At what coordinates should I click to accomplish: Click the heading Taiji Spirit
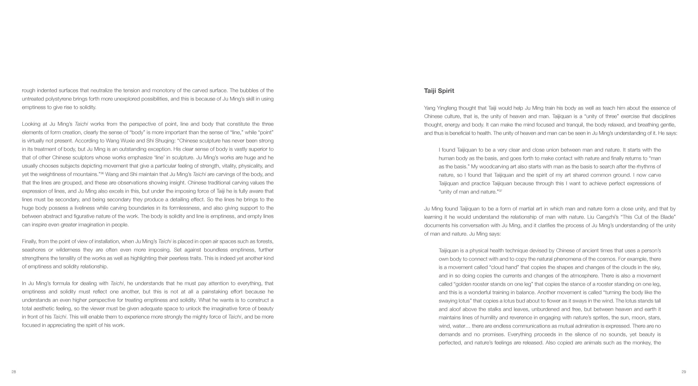(x=439, y=91)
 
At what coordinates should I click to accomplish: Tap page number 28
(x=14, y=372)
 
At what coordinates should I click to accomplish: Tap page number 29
(x=684, y=372)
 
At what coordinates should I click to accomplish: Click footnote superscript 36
(x=102, y=173)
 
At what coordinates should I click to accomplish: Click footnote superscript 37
(x=500, y=191)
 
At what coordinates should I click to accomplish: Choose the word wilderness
(x=70, y=250)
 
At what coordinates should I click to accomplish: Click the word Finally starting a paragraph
(x=29, y=241)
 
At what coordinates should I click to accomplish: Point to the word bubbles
(x=242, y=90)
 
